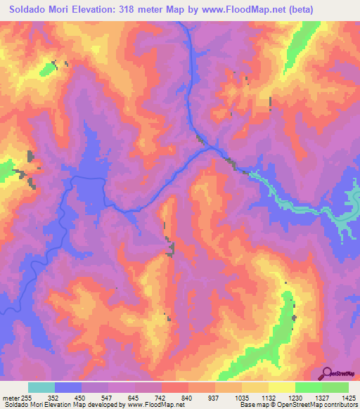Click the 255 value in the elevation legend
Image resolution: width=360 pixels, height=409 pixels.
28,397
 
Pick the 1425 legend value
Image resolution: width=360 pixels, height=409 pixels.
346,397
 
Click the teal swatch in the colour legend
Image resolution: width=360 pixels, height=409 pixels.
41,387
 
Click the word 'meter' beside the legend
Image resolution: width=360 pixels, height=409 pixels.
11,397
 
